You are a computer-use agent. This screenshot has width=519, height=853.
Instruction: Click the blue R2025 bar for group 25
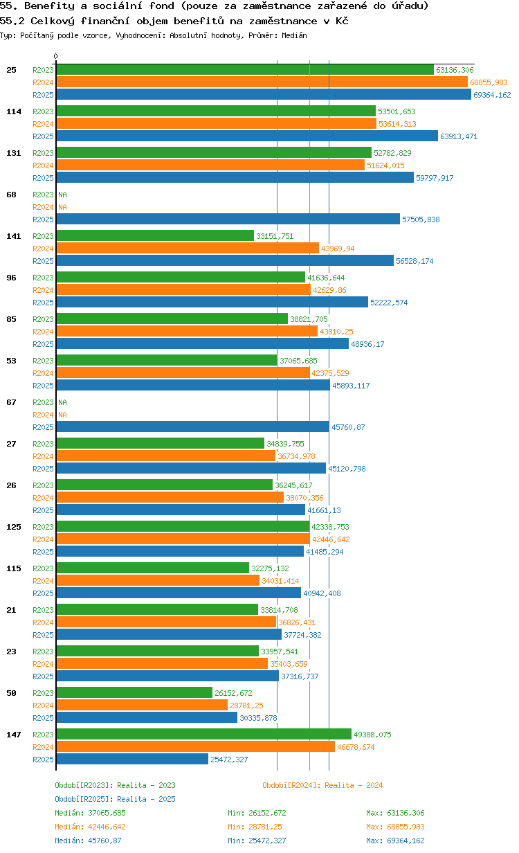[264, 95]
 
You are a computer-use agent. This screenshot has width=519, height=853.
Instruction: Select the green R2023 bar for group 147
[203, 734]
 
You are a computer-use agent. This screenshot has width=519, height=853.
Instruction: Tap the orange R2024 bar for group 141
[188, 248]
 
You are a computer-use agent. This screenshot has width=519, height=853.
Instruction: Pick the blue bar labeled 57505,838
[228, 219]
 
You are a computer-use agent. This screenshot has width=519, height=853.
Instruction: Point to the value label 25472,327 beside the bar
[229, 760]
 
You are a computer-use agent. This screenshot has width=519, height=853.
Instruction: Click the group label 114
[13, 111]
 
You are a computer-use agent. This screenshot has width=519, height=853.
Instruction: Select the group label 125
[13, 527]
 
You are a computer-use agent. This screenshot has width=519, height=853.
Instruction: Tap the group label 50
[11, 693]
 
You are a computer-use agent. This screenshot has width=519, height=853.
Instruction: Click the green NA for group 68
[62, 195]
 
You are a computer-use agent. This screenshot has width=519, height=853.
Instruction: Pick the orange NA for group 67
[62, 415]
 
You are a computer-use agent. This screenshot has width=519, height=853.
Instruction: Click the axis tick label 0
[56, 56]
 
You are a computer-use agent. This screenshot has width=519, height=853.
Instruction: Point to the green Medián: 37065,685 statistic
[90, 813]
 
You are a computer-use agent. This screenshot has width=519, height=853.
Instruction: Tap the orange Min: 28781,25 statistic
[255, 827]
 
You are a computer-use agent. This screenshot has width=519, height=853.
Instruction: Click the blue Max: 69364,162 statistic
[395, 841]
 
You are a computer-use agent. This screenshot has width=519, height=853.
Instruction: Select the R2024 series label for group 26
[43, 498]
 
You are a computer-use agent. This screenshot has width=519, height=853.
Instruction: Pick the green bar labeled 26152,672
[134, 692]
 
